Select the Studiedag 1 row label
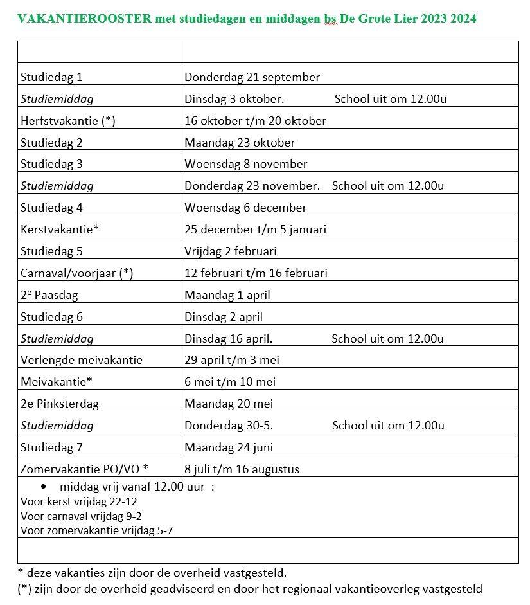pos(51,77)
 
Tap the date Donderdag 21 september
pos(252,77)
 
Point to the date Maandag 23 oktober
pos(240,143)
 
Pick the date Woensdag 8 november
pos(245,164)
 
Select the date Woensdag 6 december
pos(245,208)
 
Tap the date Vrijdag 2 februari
pos(231,251)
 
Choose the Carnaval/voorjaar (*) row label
pos(76,273)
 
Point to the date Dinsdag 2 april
pos(224,317)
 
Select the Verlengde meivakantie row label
pos(82,360)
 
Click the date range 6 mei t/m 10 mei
pos(230,382)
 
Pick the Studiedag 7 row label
pos(51,447)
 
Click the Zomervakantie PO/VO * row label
pos(85,469)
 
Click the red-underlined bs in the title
pos(330,19)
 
